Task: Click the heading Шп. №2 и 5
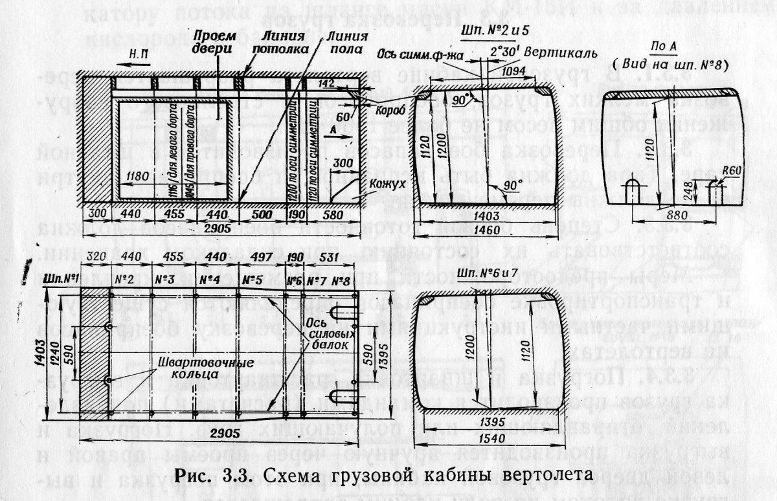coord(489,31)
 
